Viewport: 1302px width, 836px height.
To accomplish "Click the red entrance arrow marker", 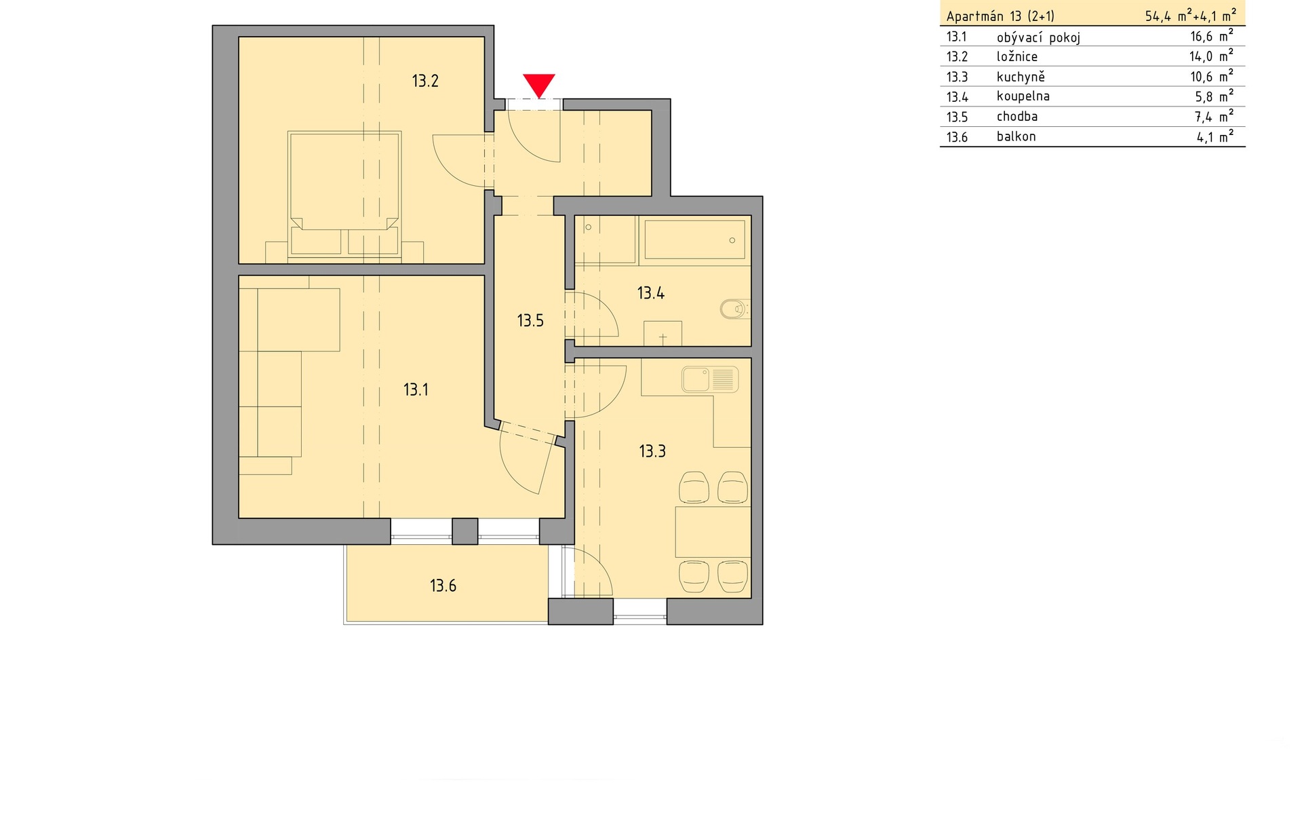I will pos(539,85).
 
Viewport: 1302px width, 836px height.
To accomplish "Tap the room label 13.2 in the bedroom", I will pos(425,81).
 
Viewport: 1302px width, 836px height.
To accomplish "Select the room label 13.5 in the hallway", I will pos(530,321).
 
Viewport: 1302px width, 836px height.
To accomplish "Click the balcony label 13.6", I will pos(443,586).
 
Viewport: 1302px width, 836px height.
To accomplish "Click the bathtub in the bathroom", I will pos(694,240).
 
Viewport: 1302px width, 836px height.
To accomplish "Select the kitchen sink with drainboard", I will pos(709,380).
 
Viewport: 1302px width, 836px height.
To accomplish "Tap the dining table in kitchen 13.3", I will pos(712,532).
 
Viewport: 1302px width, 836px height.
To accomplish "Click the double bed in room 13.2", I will pos(344,193).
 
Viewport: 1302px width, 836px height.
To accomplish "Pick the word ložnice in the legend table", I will pos(1017,57).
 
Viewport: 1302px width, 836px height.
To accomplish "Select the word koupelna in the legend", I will pos(1023,96).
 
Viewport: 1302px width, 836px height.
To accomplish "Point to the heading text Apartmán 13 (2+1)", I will pos(1000,16).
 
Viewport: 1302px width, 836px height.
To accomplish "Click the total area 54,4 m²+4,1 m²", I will pos(1190,16).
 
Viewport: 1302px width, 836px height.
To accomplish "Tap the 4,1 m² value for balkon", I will pos(1214,137).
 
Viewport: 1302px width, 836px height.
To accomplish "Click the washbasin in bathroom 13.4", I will pos(663,334).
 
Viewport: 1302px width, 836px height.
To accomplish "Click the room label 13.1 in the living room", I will pos(416,390).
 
